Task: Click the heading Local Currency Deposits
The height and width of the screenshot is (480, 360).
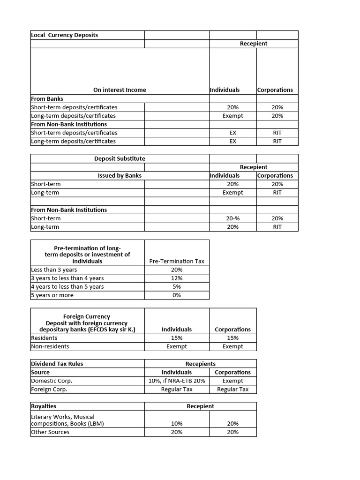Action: click(64, 35)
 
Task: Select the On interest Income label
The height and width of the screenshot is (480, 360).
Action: click(120, 90)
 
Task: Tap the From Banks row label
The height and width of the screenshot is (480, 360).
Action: click(47, 99)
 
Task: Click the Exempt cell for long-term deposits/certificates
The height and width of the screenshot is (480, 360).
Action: click(232, 116)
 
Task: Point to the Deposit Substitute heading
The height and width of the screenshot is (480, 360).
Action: click(120, 158)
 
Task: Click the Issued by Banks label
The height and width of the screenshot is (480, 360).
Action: click(120, 176)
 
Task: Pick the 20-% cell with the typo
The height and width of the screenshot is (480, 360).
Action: click(232, 218)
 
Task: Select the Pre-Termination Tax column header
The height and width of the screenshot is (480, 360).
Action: click(177, 261)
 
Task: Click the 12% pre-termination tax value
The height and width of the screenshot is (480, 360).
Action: click(177, 278)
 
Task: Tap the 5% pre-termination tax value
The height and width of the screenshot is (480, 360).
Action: click(177, 287)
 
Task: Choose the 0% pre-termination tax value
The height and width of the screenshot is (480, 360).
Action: click(177, 295)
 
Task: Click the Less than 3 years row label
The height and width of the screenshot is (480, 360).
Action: click(54, 270)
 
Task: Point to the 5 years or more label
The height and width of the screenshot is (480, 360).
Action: click(52, 295)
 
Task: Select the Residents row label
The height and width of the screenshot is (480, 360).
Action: click(44, 338)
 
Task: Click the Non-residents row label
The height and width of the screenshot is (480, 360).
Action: click(50, 346)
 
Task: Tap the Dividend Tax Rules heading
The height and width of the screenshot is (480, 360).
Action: click(57, 364)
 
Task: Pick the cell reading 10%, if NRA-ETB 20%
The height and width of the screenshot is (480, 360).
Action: click(177, 381)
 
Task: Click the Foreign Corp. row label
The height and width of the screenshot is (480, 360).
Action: click(49, 389)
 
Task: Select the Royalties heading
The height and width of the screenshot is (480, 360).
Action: click(44, 406)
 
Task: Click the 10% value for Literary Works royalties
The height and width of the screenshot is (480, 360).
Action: click(177, 423)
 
